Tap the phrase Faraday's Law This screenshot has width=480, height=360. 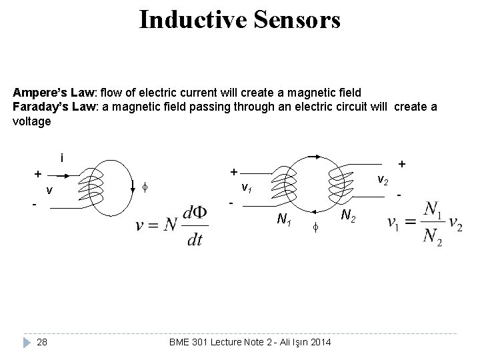(45, 107)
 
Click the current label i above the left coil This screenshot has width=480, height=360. (61, 159)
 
